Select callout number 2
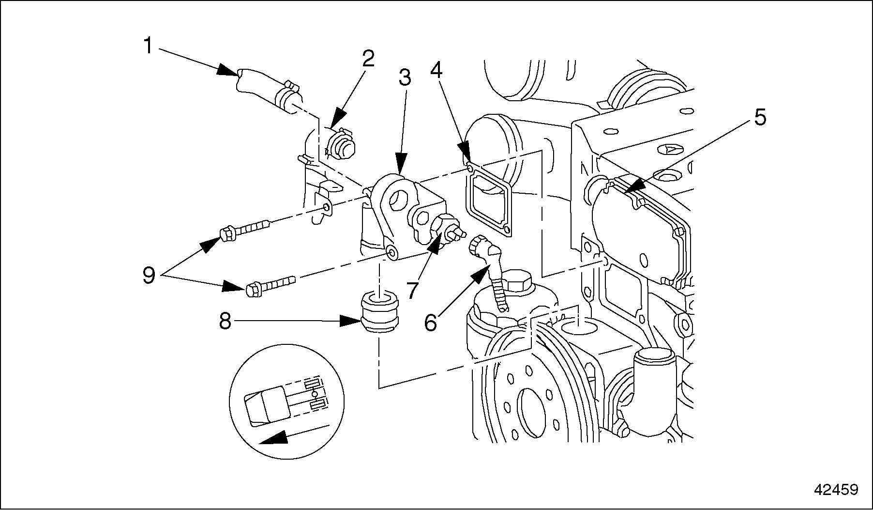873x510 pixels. [368, 59]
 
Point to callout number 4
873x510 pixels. [436, 71]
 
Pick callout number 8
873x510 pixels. [225, 321]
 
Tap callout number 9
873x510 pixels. [149, 276]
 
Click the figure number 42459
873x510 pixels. [836, 490]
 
